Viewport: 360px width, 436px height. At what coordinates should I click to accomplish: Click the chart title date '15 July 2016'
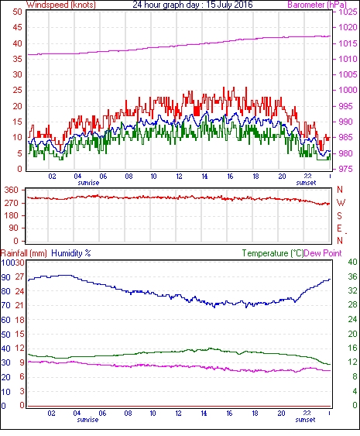(229, 5)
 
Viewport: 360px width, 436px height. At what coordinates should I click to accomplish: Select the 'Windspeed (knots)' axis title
(61, 5)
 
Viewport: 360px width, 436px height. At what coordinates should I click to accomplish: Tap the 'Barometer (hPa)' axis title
(317, 5)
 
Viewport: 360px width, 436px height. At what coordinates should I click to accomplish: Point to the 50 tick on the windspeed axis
(18, 12)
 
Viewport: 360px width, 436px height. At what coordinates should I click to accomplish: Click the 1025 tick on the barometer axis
(348, 12)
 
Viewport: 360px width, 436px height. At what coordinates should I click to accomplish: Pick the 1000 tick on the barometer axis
(348, 90)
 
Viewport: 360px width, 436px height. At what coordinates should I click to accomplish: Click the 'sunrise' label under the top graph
(88, 183)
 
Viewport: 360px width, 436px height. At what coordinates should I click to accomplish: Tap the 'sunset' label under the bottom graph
(305, 420)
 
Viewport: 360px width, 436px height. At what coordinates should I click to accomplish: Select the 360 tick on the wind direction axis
(12, 191)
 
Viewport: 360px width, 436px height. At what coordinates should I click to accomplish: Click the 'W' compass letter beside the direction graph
(341, 203)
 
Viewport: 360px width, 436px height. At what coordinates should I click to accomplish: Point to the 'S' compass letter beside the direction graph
(339, 215)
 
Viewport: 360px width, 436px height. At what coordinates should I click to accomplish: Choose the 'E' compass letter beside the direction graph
(339, 228)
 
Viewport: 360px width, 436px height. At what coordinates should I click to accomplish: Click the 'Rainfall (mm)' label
(24, 253)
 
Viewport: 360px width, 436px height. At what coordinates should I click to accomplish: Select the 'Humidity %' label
(71, 253)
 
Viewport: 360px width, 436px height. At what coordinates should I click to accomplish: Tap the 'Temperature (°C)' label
(273, 253)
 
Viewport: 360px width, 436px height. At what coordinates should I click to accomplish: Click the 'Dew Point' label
(323, 253)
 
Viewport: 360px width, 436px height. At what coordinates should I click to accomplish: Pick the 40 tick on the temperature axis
(352, 262)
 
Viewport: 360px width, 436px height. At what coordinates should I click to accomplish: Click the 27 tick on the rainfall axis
(19, 276)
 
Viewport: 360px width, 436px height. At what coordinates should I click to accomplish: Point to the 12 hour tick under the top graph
(179, 177)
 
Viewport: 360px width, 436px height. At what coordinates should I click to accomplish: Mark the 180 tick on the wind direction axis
(12, 215)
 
